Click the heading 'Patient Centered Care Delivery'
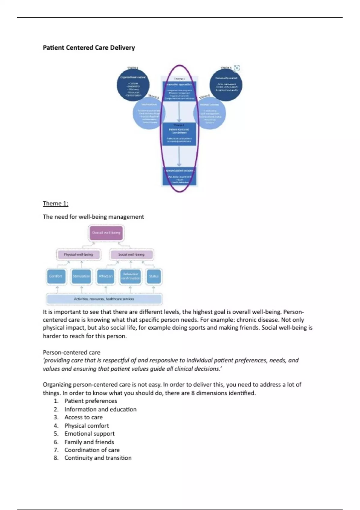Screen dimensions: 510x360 tap(89, 48)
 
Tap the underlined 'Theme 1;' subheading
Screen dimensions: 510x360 tap(55, 203)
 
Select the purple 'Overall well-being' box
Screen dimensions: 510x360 tap(106, 233)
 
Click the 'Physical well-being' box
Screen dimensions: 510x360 tap(78, 255)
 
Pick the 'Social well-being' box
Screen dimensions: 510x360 tap(131, 255)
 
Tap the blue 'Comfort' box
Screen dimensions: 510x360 tap(55, 276)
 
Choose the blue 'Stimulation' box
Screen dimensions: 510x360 tap(81, 276)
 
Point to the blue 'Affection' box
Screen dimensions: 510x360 tap(106, 276)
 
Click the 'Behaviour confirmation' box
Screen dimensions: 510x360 tap(130, 276)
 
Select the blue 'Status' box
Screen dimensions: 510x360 tap(154, 276)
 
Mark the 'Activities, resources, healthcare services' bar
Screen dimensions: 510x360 tap(104, 299)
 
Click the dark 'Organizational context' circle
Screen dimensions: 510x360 tap(133, 85)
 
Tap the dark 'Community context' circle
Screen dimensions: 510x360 tap(226, 85)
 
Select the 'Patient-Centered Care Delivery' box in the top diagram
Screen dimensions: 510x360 tap(179, 133)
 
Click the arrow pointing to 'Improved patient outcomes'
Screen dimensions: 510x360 tap(179, 156)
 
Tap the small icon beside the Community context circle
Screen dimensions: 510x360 tap(237, 68)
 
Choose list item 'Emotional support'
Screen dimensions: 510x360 tap(89, 434)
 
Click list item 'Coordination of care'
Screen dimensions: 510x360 tap(92, 450)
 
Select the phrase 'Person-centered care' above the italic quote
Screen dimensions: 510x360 tap(71, 352)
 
